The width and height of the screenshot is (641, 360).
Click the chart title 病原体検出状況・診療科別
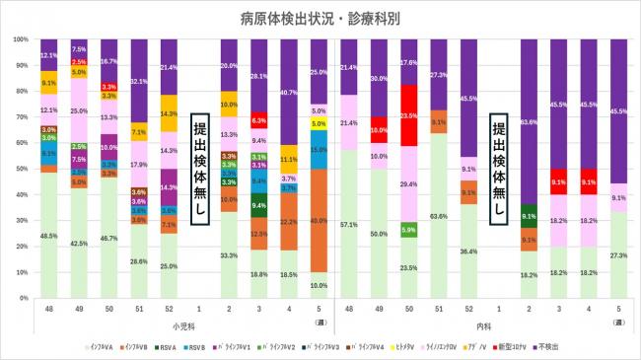click(x=320, y=17)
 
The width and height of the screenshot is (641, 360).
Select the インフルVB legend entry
click(x=134, y=346)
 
